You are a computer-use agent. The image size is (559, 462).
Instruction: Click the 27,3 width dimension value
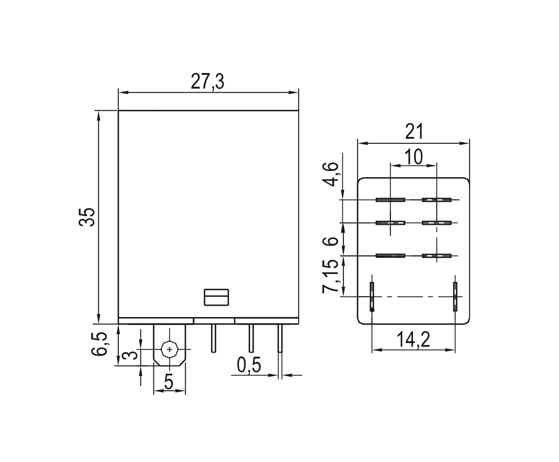pos(208,82)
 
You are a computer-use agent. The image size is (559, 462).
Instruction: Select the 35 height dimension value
pos(87,216)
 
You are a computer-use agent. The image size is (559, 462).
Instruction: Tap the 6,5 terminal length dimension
pos(99,344)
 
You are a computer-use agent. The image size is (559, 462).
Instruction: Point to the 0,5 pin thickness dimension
pos(249,365)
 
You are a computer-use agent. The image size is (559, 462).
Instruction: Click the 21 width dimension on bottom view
pos(414,132)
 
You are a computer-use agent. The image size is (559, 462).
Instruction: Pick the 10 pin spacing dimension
pos(414,157)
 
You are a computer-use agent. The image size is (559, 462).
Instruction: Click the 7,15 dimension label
pos(330,276)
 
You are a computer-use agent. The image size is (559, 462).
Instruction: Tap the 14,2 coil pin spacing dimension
pos(414,340)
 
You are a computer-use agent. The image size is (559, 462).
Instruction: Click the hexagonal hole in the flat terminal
pos(169,349)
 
